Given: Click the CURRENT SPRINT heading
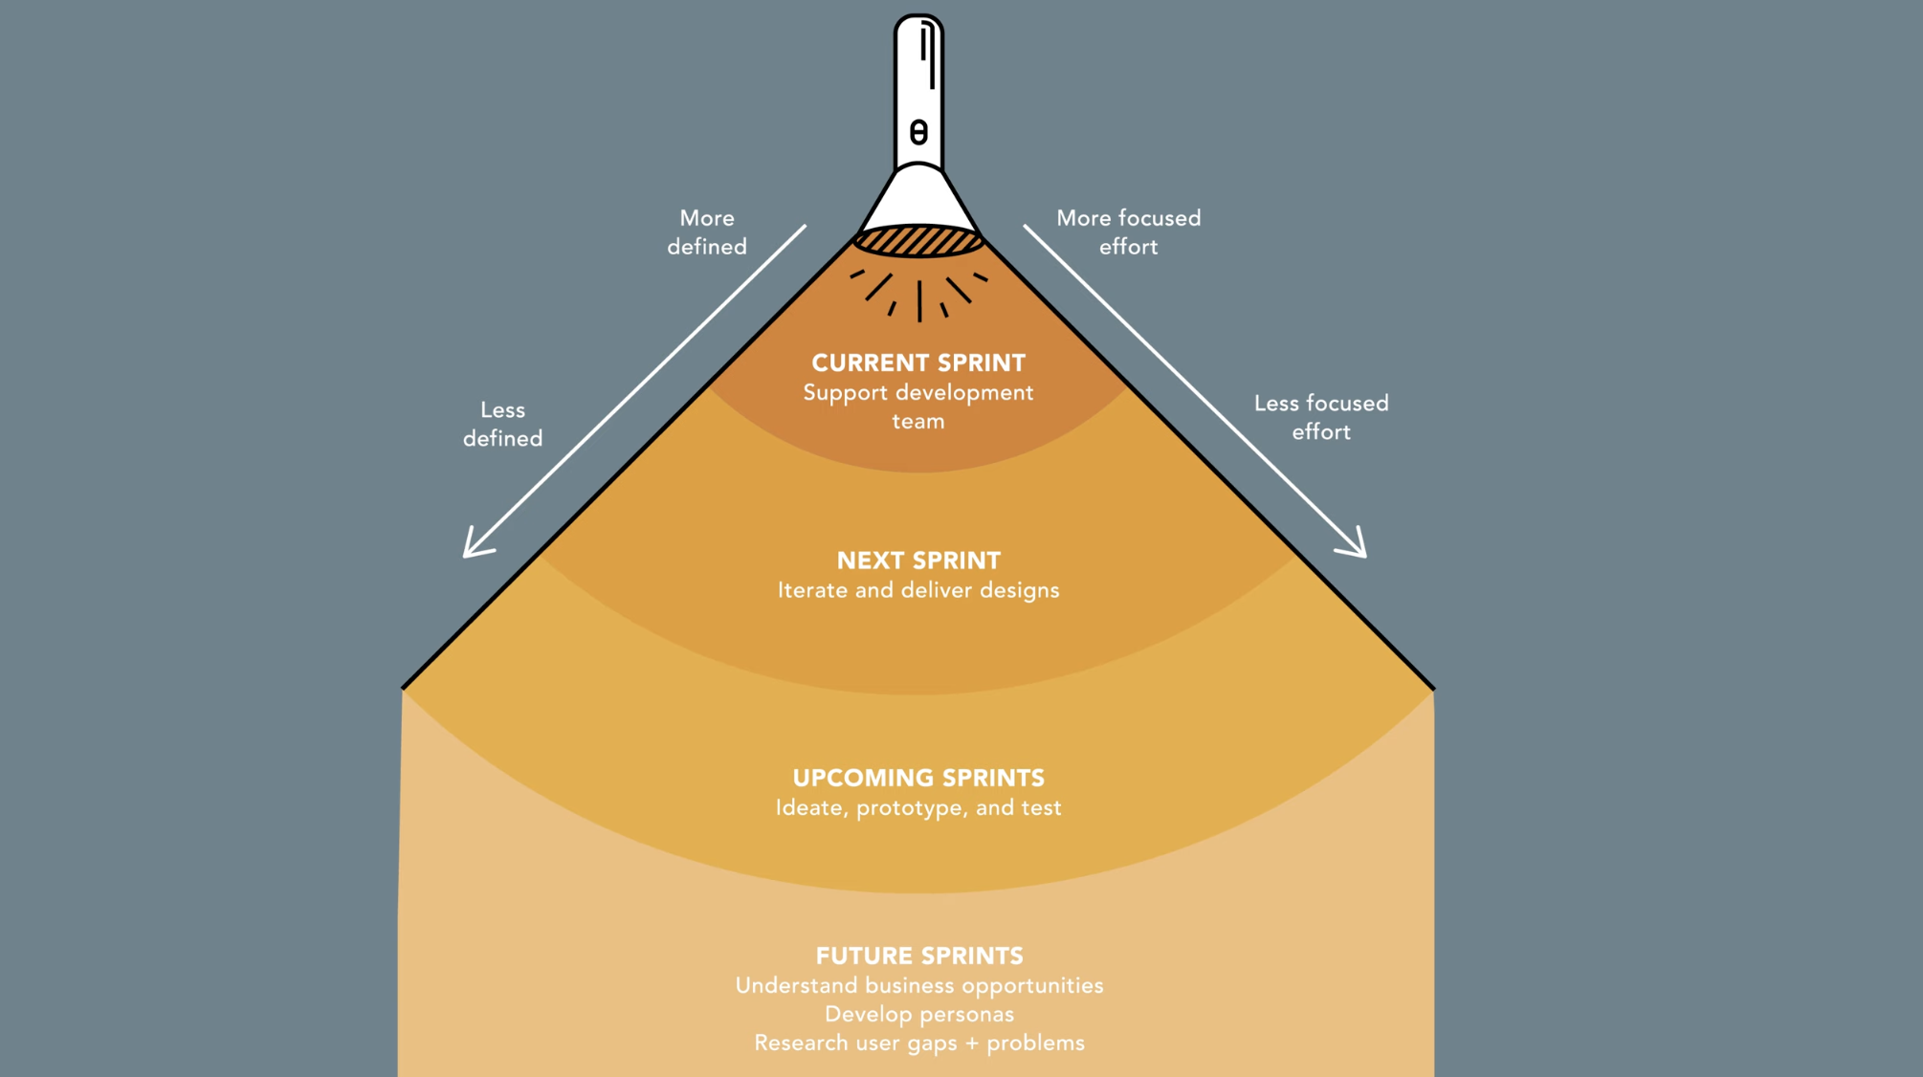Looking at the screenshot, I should [918, 363].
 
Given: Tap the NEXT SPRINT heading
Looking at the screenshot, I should [918, 560].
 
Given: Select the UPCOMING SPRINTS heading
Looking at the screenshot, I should [918, 778].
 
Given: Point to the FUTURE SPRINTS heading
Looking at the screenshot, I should [919, 956].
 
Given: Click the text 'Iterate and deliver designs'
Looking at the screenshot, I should [918, 590].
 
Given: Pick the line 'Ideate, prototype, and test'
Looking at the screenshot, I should [918, 807].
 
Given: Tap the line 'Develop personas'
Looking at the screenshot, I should [919, 1014].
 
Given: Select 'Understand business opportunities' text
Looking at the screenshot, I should [919, 985].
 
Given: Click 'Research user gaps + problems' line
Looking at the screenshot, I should [919, 1043].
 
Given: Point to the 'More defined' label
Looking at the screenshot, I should [707, 232].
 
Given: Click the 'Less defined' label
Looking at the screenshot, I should [502, 424].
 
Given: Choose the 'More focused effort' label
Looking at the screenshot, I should [1128, 232].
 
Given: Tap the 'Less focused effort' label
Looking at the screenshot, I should [1321, 417].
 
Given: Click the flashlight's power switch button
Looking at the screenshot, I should [918, 132].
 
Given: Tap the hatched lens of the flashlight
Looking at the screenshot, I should [918, 241].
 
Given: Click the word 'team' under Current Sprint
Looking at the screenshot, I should [918, 421].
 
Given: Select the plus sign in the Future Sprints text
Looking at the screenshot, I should [972, 1044].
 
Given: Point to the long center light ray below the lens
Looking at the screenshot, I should [919, 300].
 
